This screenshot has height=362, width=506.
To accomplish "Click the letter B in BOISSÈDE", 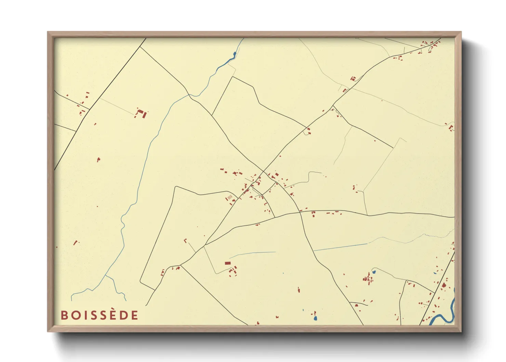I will coord(64,315).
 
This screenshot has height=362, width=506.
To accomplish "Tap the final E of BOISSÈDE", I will coord(134,315).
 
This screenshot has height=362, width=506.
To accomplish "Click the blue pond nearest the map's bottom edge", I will coord(315,318).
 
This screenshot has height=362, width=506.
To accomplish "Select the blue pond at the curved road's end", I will coord(374,272).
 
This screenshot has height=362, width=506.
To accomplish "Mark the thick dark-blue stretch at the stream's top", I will coord(234,54).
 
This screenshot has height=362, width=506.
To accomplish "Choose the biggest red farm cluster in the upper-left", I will coord(141,113).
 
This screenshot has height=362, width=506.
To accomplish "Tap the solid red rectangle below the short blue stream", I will coord(228,263).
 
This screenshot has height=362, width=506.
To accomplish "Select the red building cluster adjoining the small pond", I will coord(368,279).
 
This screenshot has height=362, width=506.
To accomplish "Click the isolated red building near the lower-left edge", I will coord(76,243).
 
